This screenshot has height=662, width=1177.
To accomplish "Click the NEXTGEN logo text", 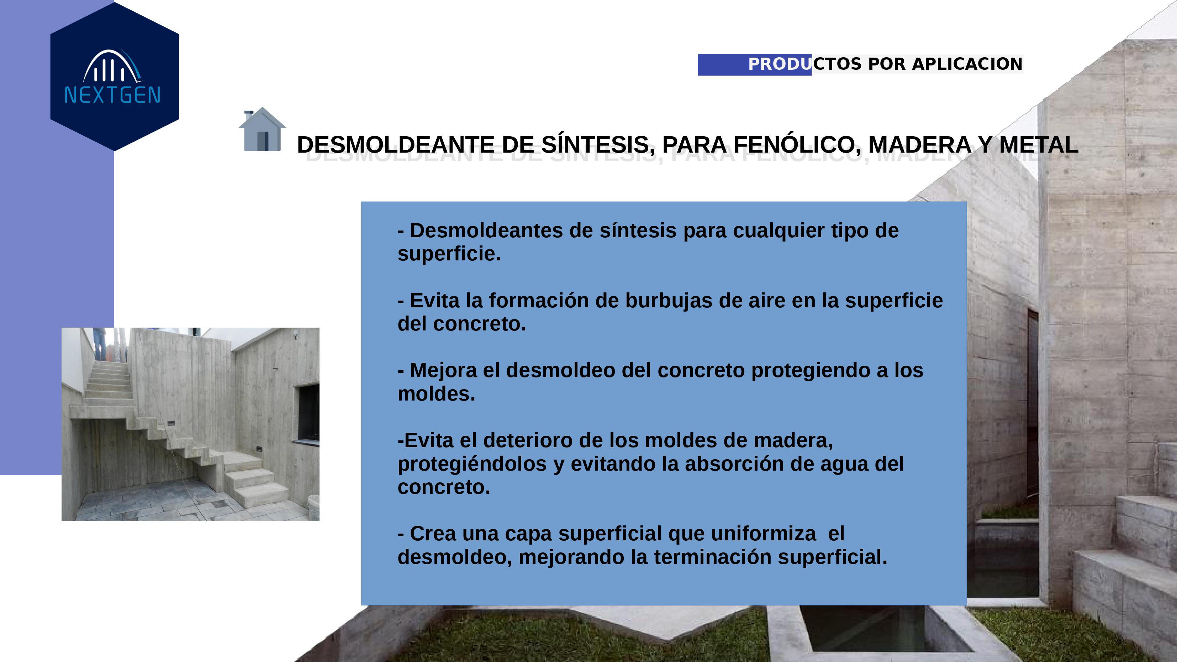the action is (x=112, y=95).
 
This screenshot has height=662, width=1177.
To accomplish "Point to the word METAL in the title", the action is (x=1039, y=145).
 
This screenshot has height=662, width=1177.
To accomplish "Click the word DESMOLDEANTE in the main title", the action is (x=395, y=145).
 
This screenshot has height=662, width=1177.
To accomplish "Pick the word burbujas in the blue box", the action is (x=669, y=301).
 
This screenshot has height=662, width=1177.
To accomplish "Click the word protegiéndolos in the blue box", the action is (x=472, y=464).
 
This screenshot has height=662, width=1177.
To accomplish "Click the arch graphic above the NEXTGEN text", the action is (x=112, y=66).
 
